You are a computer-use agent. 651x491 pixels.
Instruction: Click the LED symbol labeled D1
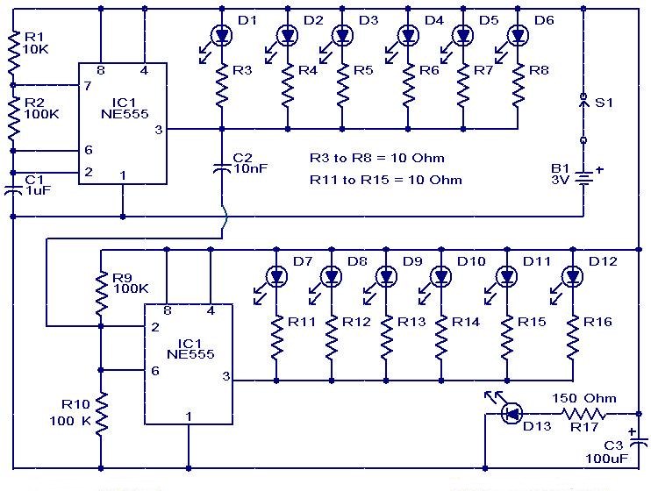[221, 35]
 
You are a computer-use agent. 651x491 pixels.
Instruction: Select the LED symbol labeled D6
[517, 35]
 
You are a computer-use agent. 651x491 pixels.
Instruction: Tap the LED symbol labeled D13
[511, 412]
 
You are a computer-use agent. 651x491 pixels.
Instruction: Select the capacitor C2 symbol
[221, 168]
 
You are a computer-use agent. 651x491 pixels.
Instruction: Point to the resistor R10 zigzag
[101, 413]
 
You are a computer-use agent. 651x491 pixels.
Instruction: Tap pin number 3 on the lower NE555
[226, 377]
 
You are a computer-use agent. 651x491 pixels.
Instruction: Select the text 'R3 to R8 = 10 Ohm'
[376, 159]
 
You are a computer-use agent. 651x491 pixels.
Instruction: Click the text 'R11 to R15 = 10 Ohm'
[386, 180]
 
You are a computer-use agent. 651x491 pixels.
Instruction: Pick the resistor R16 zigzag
[572, 337]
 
